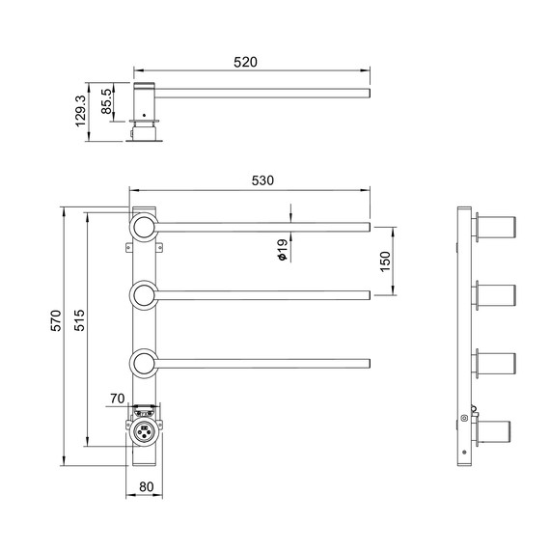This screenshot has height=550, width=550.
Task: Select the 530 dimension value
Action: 263,180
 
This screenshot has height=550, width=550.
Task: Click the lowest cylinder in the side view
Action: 497,431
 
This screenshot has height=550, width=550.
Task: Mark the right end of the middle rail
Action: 368,294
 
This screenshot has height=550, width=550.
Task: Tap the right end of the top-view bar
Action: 368,93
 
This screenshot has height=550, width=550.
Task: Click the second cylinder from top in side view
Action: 497,296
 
